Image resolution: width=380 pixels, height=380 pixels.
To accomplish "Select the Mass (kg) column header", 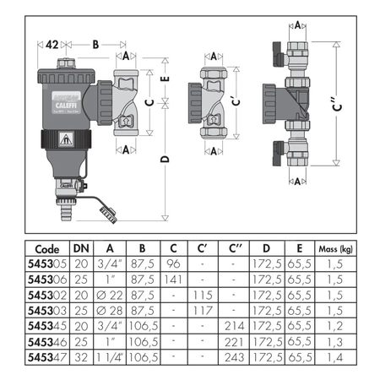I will point(335,250).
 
